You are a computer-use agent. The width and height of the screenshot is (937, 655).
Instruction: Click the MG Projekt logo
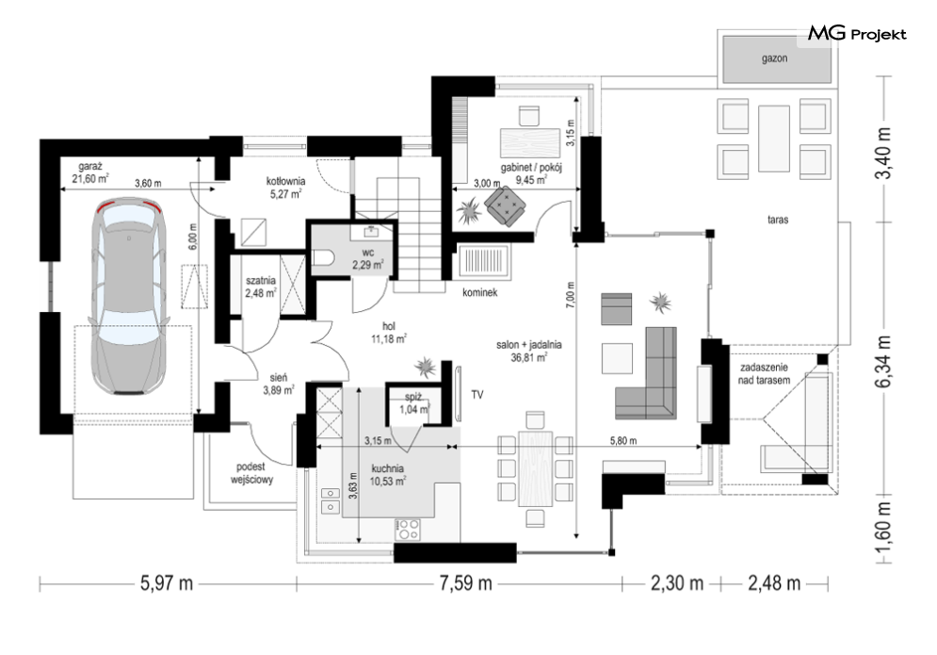[857, 34]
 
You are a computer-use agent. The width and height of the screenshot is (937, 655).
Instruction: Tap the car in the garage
[128, 296]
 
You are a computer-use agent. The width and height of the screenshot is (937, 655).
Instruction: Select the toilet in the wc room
[323, 257]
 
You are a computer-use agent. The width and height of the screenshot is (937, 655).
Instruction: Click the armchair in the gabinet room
[506, 206]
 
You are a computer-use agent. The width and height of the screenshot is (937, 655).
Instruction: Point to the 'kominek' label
[480, 292]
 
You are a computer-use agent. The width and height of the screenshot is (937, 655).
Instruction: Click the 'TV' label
[477, 395]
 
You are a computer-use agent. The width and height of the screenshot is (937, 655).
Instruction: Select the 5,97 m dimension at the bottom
[167, 582]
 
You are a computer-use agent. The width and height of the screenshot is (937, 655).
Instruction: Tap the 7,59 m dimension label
[465, 582]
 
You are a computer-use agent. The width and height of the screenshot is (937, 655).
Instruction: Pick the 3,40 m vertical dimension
[883, 153]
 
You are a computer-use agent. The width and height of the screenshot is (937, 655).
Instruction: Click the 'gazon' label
[774, 58]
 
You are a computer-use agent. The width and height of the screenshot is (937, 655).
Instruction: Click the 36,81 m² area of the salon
[529, 358]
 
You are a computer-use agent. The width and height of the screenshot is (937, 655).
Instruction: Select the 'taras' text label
[778, 220]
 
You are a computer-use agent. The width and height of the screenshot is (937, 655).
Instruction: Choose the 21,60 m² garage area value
[90, 178]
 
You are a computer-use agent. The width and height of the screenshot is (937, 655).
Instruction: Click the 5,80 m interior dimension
[623, 441]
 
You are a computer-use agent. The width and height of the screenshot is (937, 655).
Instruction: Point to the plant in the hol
[425, 367]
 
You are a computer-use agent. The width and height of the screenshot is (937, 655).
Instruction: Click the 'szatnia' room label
[261, 280]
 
